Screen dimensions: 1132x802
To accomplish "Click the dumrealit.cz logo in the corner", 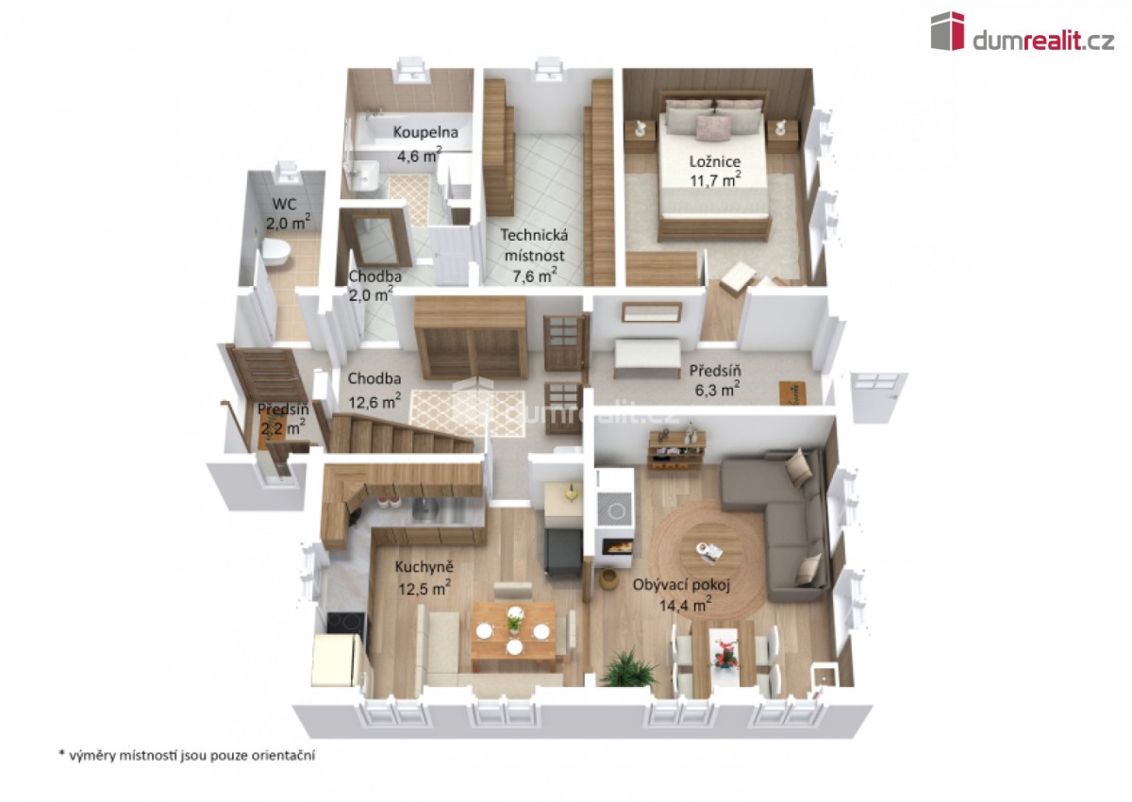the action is pyautogui.click(x=1022, y=32).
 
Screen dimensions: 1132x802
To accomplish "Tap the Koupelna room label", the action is pyautogui.click(x=425, y=132).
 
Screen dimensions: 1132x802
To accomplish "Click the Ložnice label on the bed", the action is pyautogui.click(x=715, y=161).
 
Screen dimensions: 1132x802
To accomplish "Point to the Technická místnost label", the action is pyautogui.click(x=534, y=245).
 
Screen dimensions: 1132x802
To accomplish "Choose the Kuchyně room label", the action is pyautogui.click(x=424, y=567).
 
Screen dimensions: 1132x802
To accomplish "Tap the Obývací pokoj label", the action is pyautogui.click(x=681, y=585).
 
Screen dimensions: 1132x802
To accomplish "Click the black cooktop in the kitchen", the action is pyautogui.click(x=345, y=623).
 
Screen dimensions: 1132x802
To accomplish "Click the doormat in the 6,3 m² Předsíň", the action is pyautogui.click(x=791, y=393).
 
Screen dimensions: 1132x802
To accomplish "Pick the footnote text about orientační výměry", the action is pyautogui.click(x=187, y=755).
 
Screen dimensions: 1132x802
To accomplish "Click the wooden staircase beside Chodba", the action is pyautogui.click(x=401, y=434).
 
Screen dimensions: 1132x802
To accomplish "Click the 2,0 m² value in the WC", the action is pyautogui.click(x=288, y=223).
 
